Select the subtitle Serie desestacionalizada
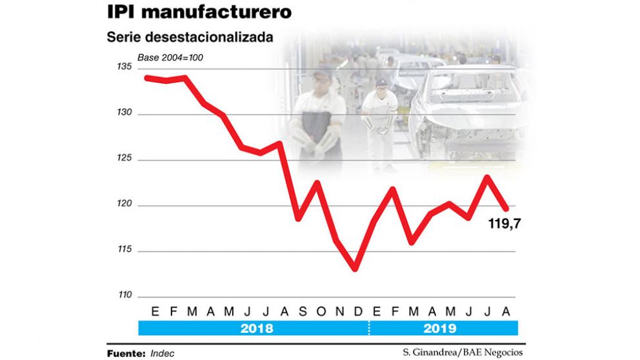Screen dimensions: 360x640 coord(190,37)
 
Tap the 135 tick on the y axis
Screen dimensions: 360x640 coord(125,68)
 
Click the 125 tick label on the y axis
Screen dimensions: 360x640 coord(125,159)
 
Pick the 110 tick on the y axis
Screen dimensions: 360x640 coord(125,296)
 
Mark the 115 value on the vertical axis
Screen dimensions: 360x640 coord(125,250)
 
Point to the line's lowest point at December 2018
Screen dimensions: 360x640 coord(355,268)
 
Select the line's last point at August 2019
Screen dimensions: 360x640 coord(506,208)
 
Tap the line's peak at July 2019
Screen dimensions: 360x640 coord(487,177)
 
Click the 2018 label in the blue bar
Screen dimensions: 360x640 coord(256,328)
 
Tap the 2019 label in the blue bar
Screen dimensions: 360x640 coord(440,328)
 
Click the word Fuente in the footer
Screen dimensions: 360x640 coord(126,354)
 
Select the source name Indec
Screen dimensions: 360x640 coord(163,354)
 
